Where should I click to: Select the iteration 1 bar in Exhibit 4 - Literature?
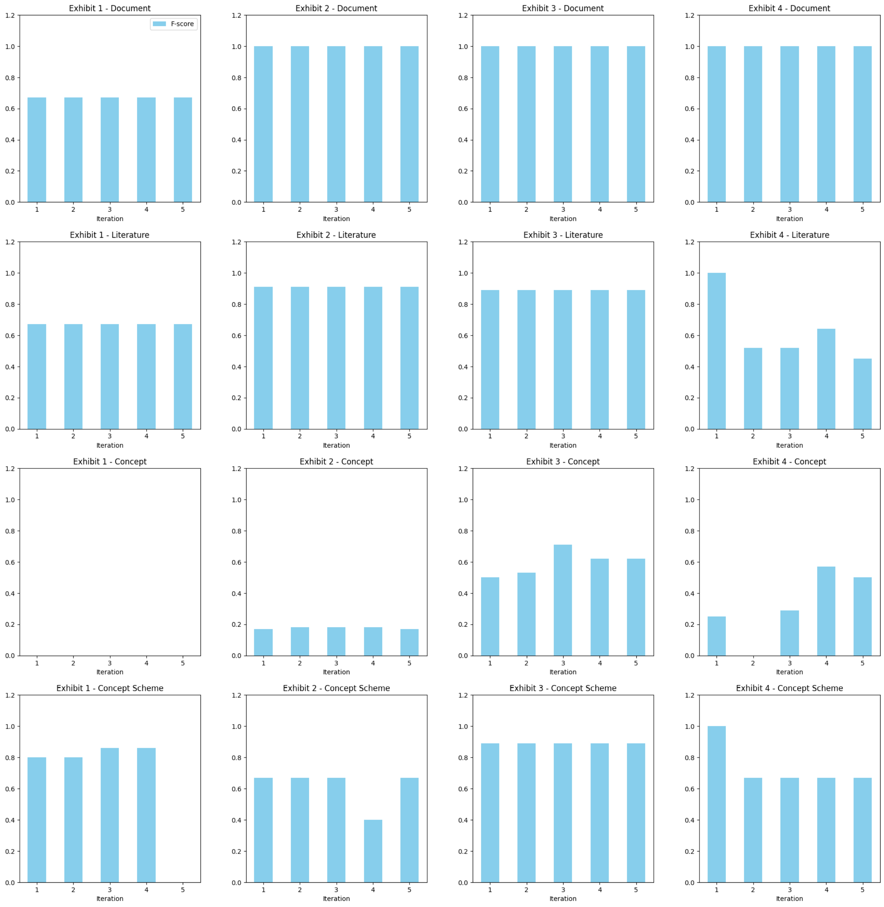pos(716,351)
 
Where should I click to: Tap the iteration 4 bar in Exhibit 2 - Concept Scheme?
pos(373,851)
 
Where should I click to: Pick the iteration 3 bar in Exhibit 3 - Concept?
pos(563,600)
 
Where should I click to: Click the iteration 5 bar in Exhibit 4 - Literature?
pos(862,393)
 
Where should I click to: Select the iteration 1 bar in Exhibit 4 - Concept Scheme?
pos(716,804)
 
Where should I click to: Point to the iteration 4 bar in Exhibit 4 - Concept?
pos(826,611)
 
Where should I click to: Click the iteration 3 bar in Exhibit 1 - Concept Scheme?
pos(110,815)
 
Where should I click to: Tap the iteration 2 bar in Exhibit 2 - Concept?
pos(300,641)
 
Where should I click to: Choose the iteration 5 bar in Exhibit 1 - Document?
pos(182,150)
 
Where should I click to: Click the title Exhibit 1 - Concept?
pos(110,461)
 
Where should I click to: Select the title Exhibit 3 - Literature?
pos(563,235)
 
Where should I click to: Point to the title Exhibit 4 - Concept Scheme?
pos(789,688)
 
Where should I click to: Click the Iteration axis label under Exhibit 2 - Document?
pos(336,219)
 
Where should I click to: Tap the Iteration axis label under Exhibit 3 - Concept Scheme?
pos(563,899)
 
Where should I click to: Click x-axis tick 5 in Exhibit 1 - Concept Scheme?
pos(182,890)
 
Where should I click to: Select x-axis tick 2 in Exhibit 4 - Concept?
pos(753,663)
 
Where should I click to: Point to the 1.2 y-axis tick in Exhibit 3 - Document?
pos(463,15)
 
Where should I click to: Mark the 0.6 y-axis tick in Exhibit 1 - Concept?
pos(10,562)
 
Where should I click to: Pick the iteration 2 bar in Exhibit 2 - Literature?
pos(300,358)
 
